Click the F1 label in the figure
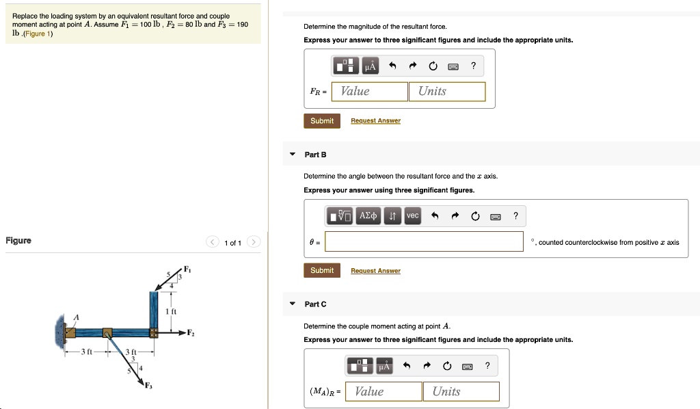(x=187, y=269)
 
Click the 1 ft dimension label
(x=171, y=312)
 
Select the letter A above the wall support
(x=77, y=317)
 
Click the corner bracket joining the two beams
(x=154, y=333)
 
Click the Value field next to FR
(x=369, y=92)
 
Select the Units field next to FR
(x=446, y=92)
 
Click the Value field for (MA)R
(x=383, y=391)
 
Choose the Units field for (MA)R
(x=461, y=391)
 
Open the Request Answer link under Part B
(x=375, y=271)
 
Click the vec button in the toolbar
(x=412, y=216)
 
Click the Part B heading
(x=315, y=155)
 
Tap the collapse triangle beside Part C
(x=293, y=304)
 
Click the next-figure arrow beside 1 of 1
(x=254, y=242)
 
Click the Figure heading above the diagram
(x=18, y=241)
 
